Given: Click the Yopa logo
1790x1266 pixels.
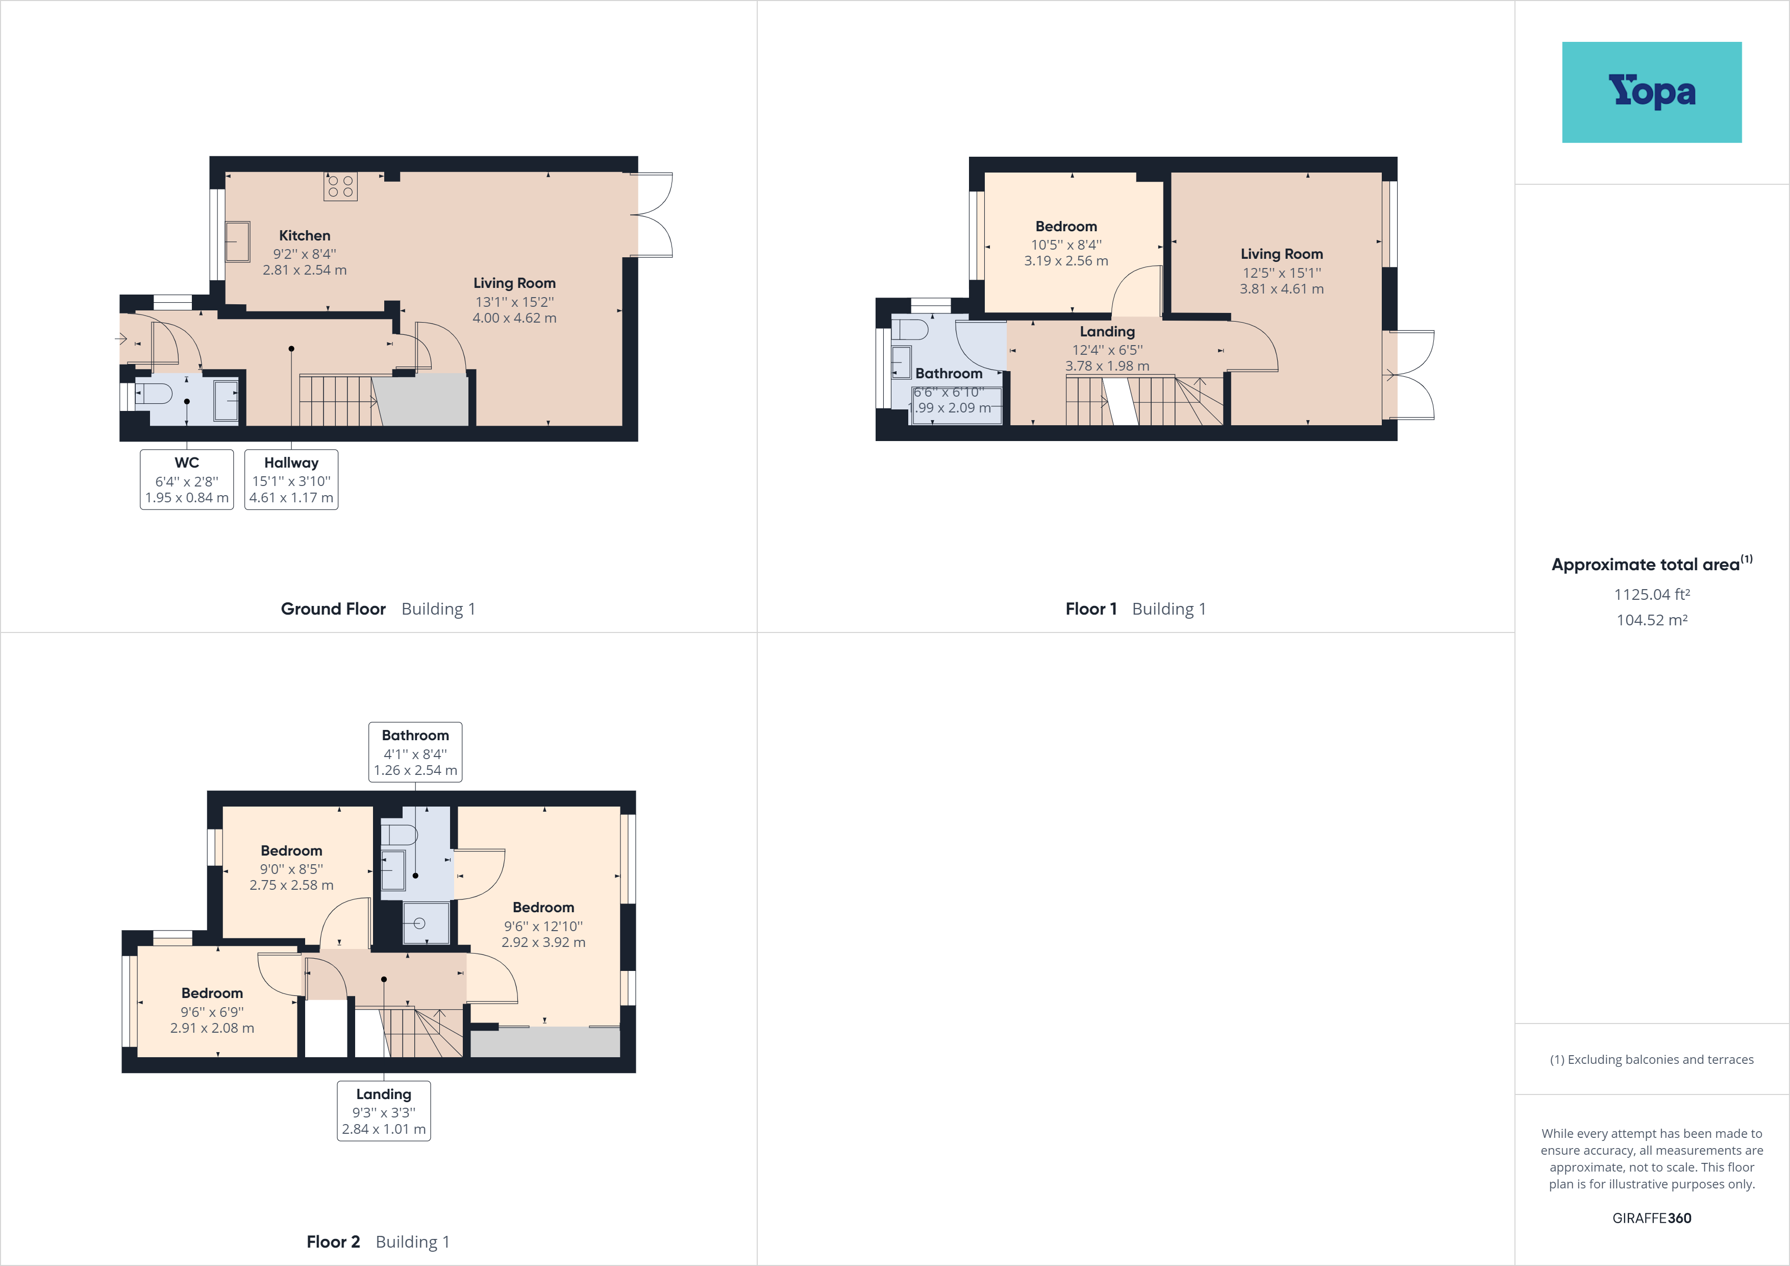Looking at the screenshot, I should point(1651,92).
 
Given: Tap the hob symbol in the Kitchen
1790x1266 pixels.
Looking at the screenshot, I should point(341,186).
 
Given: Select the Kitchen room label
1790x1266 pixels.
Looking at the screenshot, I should point(305,235).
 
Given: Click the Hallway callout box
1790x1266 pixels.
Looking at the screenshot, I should point(291,480).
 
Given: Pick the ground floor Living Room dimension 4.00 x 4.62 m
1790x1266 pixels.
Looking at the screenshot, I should point(514,318).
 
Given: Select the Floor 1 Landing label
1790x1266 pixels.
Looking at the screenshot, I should point(1107,331).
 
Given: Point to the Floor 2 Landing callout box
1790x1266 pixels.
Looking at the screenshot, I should point(384,1111).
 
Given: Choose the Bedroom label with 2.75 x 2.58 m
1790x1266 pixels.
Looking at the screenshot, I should point(291,851).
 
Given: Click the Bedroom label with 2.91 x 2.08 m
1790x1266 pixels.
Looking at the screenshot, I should point(212,993).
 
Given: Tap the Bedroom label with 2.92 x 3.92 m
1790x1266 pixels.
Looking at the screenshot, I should point(543,907).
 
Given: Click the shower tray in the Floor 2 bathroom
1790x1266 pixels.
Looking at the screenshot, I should point(426,923).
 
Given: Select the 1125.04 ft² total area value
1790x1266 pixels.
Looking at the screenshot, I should point(1651,594).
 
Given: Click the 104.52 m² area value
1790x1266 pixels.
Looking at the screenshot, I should point(1651,620).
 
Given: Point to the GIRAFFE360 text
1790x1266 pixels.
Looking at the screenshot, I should point(1651,1218).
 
